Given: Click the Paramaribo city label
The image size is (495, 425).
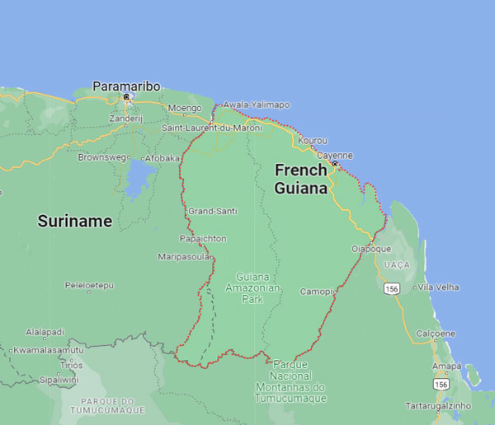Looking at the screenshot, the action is click(x=126, y=86).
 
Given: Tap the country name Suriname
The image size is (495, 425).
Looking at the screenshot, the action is click(x=74, y=221).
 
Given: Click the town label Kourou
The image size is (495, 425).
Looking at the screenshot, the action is click(x=313, y=141).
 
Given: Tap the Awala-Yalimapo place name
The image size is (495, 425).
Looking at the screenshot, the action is click(x=257, y=105).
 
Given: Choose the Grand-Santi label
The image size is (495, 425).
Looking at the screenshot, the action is click(x=213, y=211).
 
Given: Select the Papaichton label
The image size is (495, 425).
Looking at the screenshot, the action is click(x=203, y=238).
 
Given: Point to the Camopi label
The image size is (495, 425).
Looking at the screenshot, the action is click(x=316, y=292).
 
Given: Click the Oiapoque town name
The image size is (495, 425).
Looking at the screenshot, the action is click(x=371, y=248).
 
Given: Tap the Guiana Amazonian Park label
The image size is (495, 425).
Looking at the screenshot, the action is click(x=258, y=288).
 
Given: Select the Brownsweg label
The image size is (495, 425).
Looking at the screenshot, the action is click(x=102, y=156).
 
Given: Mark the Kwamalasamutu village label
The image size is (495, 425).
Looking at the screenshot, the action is click(x=49, y=350).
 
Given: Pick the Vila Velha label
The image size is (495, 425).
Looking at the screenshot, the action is click(x=437, y=287).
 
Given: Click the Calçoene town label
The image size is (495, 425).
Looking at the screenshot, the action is click(x=436, y=333).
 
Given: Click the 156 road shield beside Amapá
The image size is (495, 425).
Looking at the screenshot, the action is click(x=442, y=385).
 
